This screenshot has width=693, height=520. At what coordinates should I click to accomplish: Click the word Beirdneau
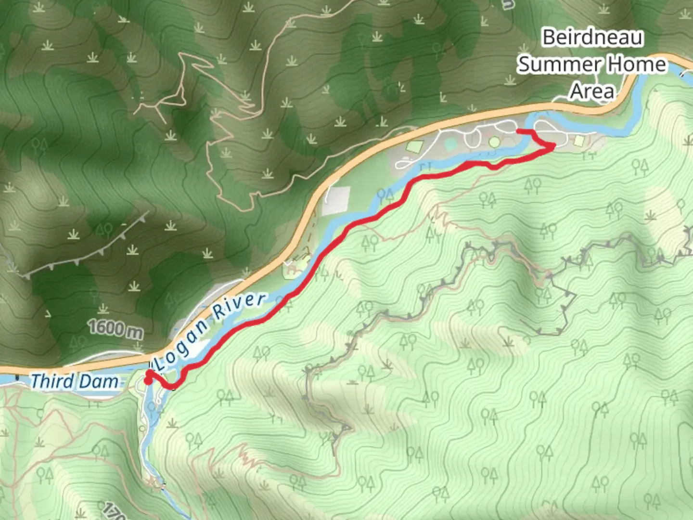[592, 38]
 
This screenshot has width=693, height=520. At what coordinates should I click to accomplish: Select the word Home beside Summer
[636, 65]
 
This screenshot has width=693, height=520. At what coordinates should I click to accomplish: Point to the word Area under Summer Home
[592, 91]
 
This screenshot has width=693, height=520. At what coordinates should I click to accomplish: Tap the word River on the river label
[239, 305]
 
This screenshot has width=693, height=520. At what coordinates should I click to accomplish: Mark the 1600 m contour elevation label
[115, 329]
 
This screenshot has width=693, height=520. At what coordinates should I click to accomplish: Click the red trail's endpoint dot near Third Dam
[148, 380]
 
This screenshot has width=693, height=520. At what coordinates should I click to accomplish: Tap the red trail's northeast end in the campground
[517, 131]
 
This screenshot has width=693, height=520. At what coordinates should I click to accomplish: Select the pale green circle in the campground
[494, 142]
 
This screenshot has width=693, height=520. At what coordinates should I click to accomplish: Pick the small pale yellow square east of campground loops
[579, 140]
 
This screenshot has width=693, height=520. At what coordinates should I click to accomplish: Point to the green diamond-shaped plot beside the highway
[415, 145]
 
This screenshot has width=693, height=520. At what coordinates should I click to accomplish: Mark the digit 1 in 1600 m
[91, 327]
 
